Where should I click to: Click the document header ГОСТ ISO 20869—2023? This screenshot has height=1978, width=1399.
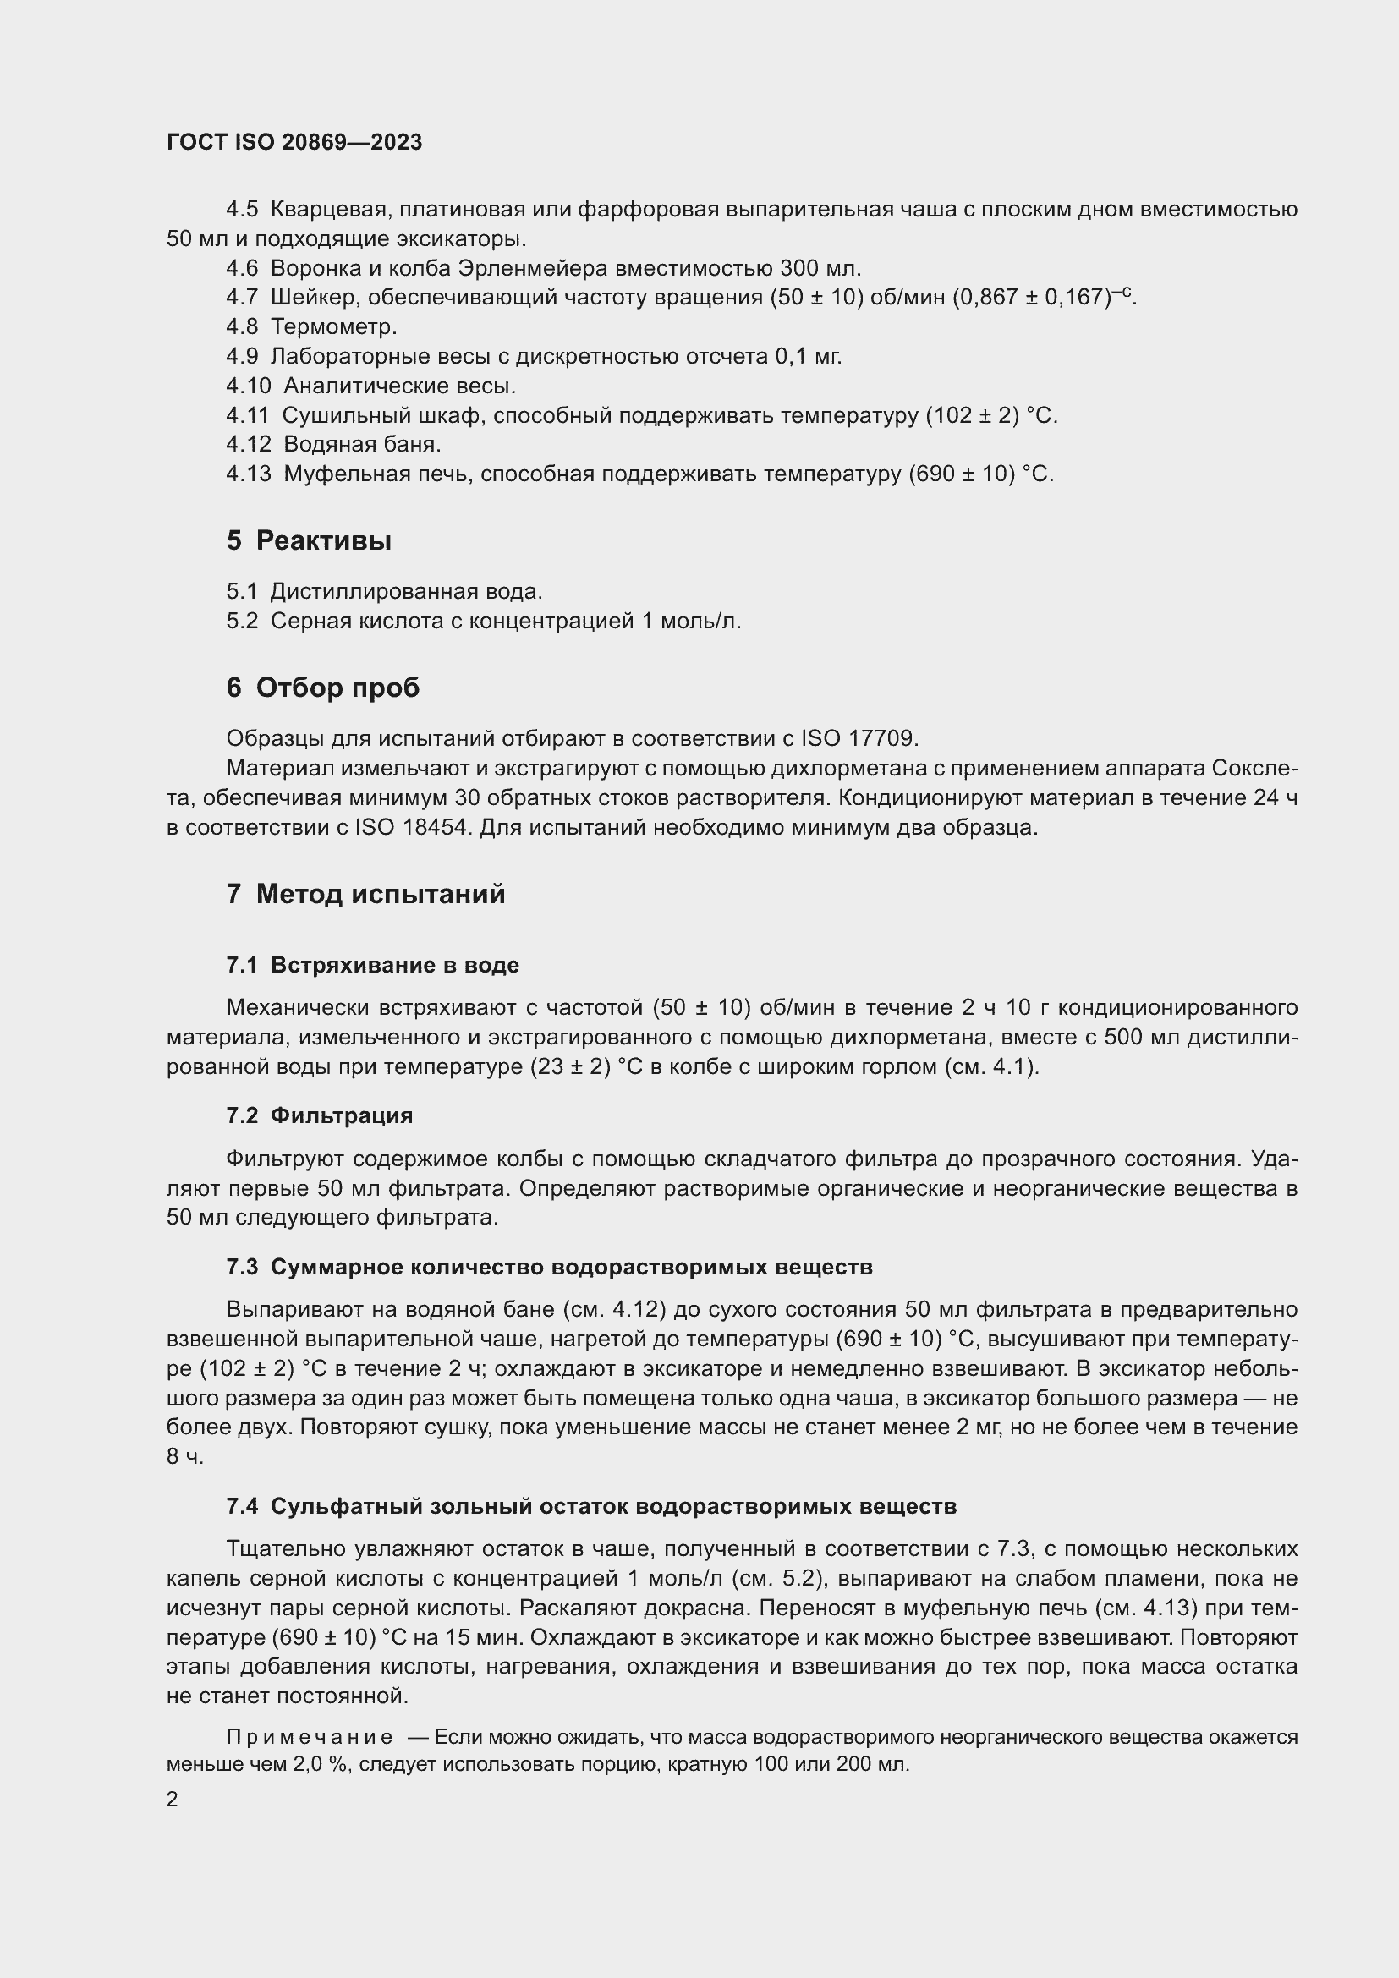(294, 143)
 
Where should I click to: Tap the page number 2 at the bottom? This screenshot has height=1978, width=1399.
(173, 1800)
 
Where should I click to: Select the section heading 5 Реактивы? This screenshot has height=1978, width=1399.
(310, 541)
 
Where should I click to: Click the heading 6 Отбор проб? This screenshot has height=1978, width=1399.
(323, 688)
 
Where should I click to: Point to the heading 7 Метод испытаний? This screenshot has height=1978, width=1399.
(365, 894)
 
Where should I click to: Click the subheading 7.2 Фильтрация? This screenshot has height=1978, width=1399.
(320, 1115)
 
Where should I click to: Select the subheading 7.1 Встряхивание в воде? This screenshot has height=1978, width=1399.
(372, 965)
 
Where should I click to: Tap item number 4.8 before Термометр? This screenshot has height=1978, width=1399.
(241, 327)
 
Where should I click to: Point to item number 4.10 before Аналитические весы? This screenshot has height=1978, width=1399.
(248, 386)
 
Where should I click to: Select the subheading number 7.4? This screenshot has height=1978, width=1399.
(242, 1507)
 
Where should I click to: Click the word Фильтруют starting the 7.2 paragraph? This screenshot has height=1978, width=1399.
(285, 1159)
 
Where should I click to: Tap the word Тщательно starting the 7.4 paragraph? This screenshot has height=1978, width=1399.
(286, 1549)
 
